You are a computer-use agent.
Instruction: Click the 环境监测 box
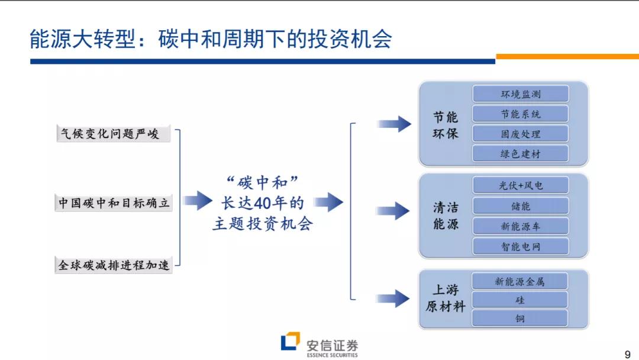[x=520, y=94]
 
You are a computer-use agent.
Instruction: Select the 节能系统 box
[x=520, y=114]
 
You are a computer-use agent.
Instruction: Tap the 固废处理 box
[x=520, y=134]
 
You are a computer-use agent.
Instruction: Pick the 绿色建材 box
[x=520, y=154]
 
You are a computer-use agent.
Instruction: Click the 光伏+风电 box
[x=520, y=185]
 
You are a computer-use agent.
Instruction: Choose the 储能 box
[x=520, y=206]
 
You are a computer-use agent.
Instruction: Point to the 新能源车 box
[x=520, y=226]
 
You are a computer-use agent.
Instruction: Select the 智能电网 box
[x=520, y=246]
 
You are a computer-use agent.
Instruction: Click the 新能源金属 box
[x=519, y=281]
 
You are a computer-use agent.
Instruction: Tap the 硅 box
[x=519, y=300]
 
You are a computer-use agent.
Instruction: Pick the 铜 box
[x=519, y=319]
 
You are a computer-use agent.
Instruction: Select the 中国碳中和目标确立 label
[x=114, y=203]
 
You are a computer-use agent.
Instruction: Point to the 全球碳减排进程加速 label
[x=114, y=265]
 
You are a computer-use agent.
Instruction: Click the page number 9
[x=628, y=354]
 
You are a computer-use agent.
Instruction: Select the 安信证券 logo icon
[x=290, y=342]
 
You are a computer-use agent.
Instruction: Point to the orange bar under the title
[x=567, y=57]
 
